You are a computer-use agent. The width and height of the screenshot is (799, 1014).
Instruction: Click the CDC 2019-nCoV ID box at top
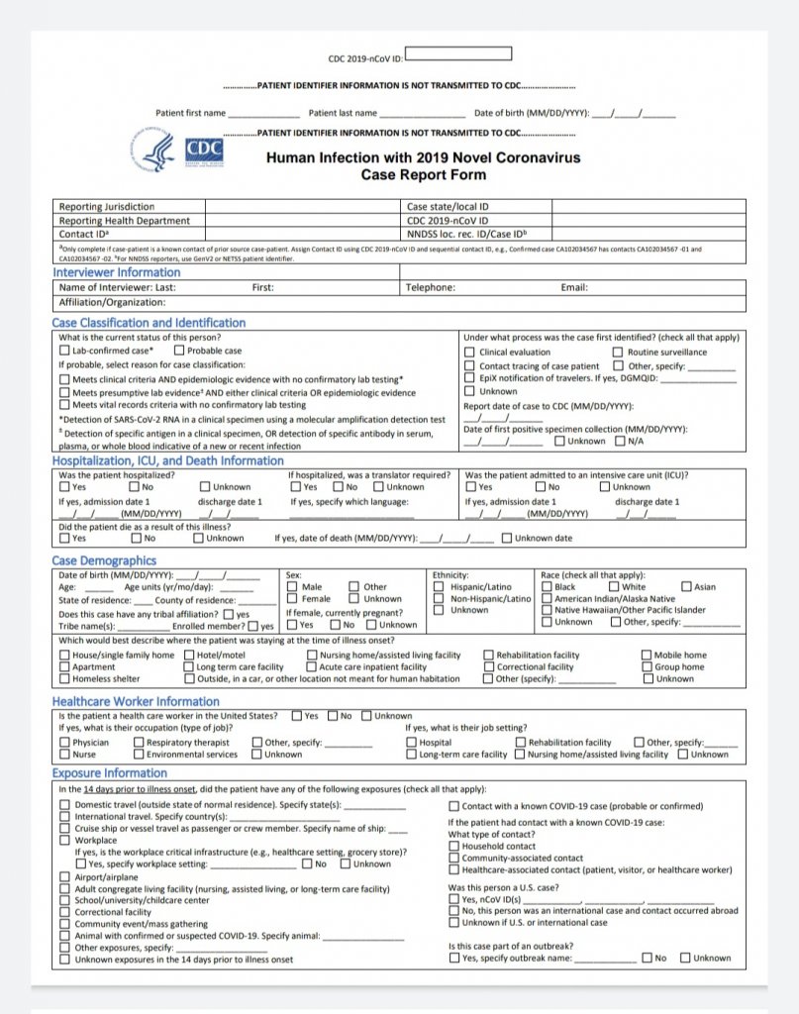(458, 53)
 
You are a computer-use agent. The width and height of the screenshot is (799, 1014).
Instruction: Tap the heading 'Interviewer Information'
(117, 272)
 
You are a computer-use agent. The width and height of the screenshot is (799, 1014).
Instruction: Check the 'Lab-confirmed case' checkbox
(65, 351)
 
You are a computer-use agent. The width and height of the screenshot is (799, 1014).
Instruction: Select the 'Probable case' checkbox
(179, 351)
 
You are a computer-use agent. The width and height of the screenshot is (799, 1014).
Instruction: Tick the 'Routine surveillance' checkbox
(618, 352)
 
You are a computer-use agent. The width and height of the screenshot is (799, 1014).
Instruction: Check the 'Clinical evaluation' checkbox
(470, 352)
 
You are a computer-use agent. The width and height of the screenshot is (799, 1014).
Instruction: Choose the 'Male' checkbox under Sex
(292, 587)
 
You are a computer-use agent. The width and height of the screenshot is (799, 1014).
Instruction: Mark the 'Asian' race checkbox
(684, 587)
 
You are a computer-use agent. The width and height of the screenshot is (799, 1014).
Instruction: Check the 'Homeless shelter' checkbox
(64, 679)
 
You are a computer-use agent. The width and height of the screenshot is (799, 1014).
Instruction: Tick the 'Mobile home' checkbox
(647, 656)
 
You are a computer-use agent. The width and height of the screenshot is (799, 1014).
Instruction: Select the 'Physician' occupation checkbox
(64, 743)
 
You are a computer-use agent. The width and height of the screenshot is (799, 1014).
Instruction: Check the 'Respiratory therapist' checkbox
(139, 743)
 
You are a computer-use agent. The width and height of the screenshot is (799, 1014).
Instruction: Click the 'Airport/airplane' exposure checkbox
(65, 877)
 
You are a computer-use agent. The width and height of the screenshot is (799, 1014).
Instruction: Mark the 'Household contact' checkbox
(454, 847)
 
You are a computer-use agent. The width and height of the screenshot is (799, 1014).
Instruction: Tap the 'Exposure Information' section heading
(110, 772)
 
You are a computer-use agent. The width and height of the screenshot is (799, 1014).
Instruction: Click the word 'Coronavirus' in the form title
(535, 157)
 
